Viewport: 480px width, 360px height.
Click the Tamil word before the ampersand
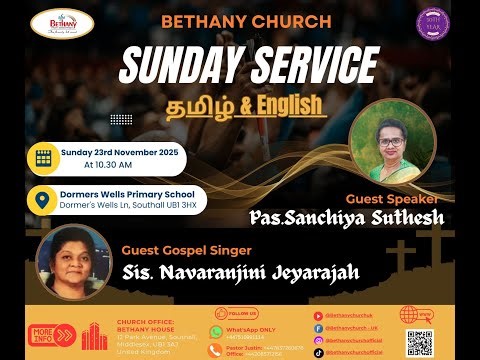[183, 106]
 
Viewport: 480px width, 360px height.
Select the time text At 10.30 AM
[115, 164]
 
